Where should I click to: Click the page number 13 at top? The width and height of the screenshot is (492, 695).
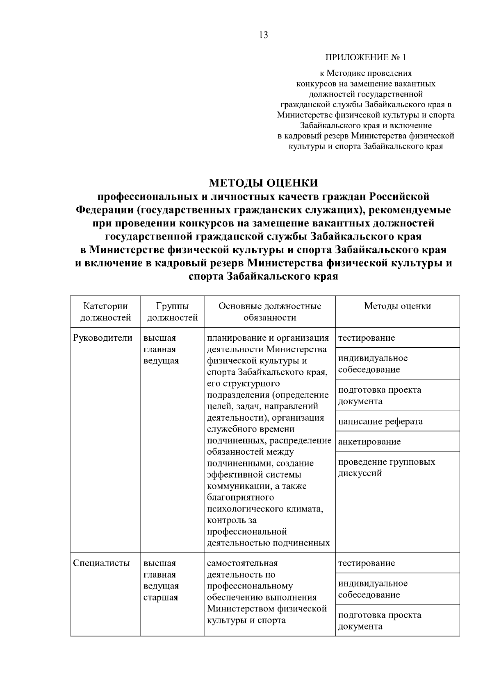tap(263, 35)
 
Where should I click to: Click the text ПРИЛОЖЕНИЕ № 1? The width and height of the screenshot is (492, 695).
tap(366, 57)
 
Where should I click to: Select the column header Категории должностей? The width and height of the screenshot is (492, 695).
tap(105, 312)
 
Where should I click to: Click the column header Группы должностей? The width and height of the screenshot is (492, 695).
tap(172, 312)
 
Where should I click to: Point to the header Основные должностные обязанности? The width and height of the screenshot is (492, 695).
tap(270, 312)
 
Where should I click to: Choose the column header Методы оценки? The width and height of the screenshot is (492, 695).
tap(397, 306)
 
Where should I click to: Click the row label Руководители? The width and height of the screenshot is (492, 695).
tap(103, 338)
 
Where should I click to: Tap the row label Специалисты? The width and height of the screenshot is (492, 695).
tap(101, 563)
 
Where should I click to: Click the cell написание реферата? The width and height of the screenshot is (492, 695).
tap(380, 421)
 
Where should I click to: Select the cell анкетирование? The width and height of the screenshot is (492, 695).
tap(369, 441)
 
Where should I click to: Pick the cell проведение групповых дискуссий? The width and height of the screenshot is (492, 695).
tap(386, 467)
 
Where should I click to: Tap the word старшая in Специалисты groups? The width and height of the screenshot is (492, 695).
tap(161, 597)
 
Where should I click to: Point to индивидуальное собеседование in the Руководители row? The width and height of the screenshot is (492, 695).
tap(373, 364)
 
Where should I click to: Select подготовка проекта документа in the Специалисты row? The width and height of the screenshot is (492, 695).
tap(379, 620)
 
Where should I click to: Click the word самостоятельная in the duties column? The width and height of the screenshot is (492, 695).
tap(242, 563)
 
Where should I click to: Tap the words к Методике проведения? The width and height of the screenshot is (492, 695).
tap(366, 73)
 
